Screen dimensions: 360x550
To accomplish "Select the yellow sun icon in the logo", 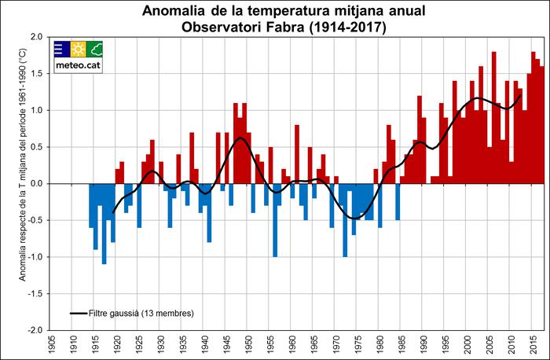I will point(78,49).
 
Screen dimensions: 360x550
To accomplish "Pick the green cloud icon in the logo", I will point(94,49).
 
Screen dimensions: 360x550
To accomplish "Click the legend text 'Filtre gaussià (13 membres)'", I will point(141,313).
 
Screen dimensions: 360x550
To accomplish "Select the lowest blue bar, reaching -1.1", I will point(104,224).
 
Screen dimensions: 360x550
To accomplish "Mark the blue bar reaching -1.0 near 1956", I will point(275,220).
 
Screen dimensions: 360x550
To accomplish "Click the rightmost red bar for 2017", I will point(542,125).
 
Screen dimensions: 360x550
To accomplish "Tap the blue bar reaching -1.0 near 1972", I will point(345,220).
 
